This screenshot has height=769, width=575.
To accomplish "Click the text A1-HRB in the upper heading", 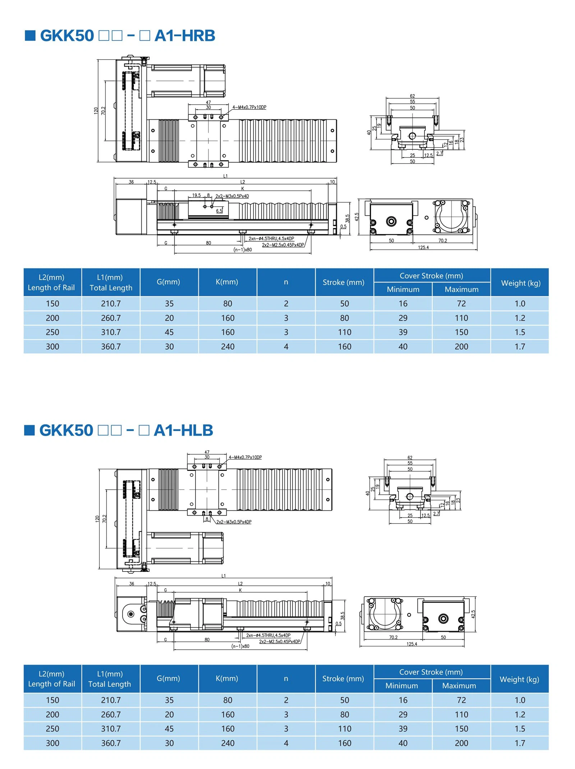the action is click(185, 36).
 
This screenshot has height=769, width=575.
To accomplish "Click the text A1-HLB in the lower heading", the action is click(183, 430).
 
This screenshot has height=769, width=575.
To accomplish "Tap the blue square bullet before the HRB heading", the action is click(30, 36).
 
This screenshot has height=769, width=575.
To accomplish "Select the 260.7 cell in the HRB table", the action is click(111, 318).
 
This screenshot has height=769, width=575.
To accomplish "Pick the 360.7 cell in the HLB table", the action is click(111, 743).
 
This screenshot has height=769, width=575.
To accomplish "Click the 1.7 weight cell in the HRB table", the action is click(520, 347).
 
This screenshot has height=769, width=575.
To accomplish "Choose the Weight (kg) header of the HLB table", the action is click(519, 679).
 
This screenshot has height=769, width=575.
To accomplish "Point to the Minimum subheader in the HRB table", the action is click(403, 289).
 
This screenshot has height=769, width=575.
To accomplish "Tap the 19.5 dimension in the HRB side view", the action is click(196, 195).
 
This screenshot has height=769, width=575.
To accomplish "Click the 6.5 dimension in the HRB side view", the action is click(219, 211).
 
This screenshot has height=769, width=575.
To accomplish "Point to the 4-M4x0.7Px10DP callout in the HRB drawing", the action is click(249, 107).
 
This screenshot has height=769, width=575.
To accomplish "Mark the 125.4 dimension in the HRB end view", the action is click(423, 247).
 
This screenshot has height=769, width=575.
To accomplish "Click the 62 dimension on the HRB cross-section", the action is click(412, 96).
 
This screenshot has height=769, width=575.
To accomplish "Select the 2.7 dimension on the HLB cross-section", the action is click(436, 514).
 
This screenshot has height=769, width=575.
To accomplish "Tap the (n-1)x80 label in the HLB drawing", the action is click(240, 646).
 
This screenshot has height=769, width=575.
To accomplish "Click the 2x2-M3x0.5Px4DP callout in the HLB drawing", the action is click(234, 522).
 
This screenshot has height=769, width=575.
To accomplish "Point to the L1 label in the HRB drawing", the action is click(225, 176).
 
